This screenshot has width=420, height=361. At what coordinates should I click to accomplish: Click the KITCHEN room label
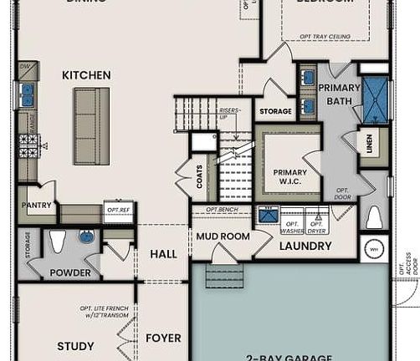[x=85, y=75]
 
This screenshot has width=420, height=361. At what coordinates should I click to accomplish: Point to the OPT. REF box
[x=117, y=211]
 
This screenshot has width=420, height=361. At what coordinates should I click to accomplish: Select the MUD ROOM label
[x=218, y=236]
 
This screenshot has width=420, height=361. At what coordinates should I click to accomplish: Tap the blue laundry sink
[x=269, y=215]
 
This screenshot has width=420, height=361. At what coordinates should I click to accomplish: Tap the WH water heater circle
[x=373, y=248]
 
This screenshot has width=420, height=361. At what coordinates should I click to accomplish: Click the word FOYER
[x=163, y=338]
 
